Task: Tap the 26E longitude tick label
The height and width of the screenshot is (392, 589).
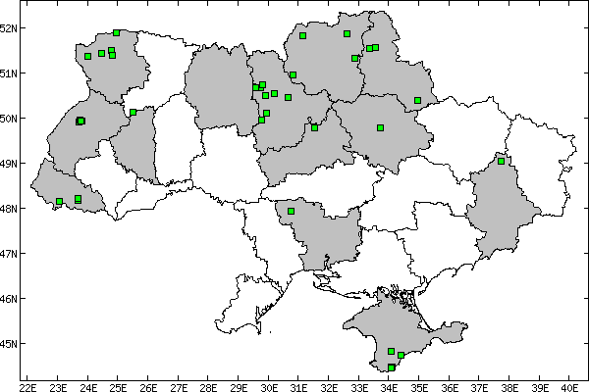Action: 148,385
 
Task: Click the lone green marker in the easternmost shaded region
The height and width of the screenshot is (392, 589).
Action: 501,161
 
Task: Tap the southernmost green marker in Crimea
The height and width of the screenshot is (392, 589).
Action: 392,367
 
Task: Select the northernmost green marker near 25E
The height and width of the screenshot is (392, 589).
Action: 117,32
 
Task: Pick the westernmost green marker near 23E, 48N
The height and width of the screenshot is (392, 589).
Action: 60,201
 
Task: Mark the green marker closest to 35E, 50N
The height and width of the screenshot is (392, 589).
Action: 417,100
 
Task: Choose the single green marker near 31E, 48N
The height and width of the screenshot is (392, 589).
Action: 292,211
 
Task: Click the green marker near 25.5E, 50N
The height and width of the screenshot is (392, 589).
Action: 133,112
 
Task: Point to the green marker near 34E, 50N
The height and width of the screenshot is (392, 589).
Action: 380,127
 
